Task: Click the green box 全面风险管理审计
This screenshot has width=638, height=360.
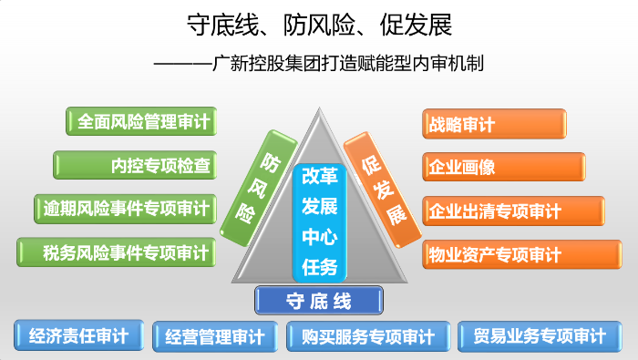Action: click(141, 122)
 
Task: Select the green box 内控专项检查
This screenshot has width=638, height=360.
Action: click(135, 165)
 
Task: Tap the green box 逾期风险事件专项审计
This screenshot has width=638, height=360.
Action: click(125, 208)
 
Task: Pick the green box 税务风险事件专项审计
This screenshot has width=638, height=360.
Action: click(117, 252)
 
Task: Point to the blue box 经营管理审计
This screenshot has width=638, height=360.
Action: click(215, 336)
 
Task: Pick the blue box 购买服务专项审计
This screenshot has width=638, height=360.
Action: click(367, 336)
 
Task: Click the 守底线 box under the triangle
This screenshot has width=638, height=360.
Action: click(319, 300)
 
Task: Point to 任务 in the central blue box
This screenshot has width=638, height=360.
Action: click(320, 266)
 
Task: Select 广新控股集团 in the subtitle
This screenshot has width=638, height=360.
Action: click(269, 64)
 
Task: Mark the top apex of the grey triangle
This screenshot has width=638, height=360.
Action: click(320, 108)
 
